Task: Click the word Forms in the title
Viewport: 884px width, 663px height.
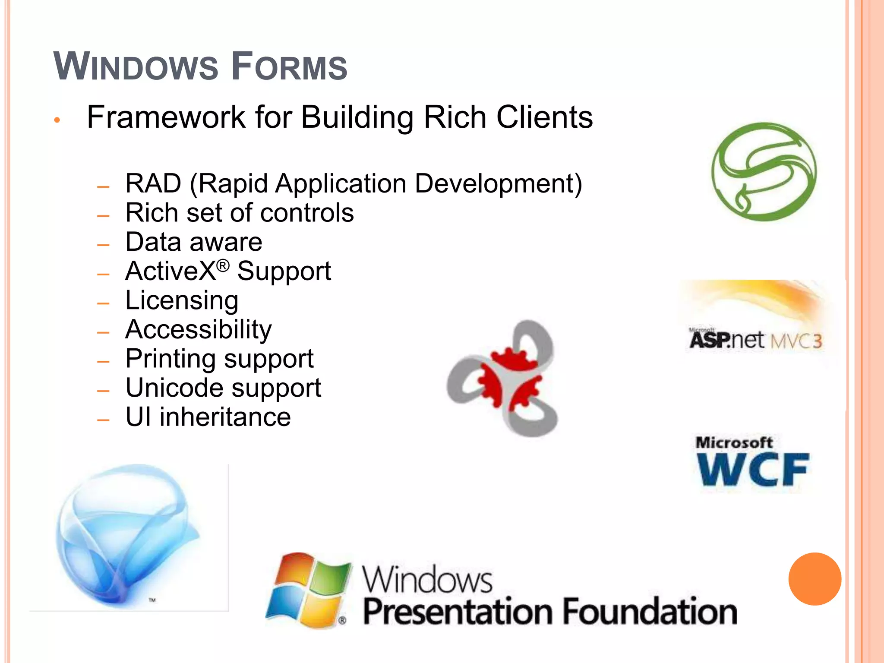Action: tap(289, 67)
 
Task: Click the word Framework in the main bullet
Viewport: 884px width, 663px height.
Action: tap(166, 117)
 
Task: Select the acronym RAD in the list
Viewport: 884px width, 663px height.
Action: tap(153, 183)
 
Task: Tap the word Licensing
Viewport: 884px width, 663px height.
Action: tap(182, 301)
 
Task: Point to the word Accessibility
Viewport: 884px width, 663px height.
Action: tap(199, 330)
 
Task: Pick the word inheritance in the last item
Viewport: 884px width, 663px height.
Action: tap(225, 417)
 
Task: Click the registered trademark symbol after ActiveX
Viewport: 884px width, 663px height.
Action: tap(223, 265)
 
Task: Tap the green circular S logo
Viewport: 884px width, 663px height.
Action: tap(764, 172)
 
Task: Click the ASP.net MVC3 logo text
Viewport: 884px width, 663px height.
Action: tap(755, 340)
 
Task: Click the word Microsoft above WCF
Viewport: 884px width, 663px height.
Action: tap(734, 442)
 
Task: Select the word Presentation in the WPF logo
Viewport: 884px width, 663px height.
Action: tap(458, 612)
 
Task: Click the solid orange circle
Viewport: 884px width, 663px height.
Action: tap(815, 579)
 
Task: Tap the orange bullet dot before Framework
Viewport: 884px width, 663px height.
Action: tap(57, 120)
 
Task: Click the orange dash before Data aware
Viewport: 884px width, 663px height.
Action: tap(104, 245)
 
